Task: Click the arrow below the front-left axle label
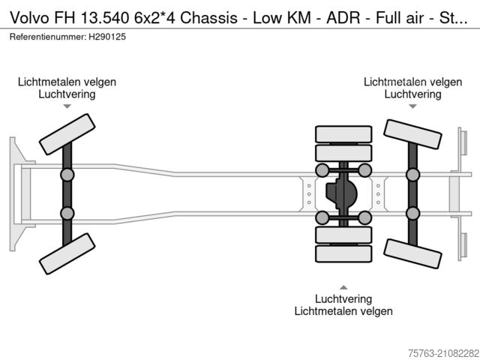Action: tap(67, 106)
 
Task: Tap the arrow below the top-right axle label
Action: tap(412, 106)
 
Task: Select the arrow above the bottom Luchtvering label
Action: tap(343, 286)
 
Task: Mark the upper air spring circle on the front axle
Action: tap(67, 175)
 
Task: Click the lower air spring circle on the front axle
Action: tap(67, 214)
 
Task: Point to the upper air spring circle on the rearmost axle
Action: tap(412, 175)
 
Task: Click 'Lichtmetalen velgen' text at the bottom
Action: tap(343, 310)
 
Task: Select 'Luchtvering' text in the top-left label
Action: tap(67, 94)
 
